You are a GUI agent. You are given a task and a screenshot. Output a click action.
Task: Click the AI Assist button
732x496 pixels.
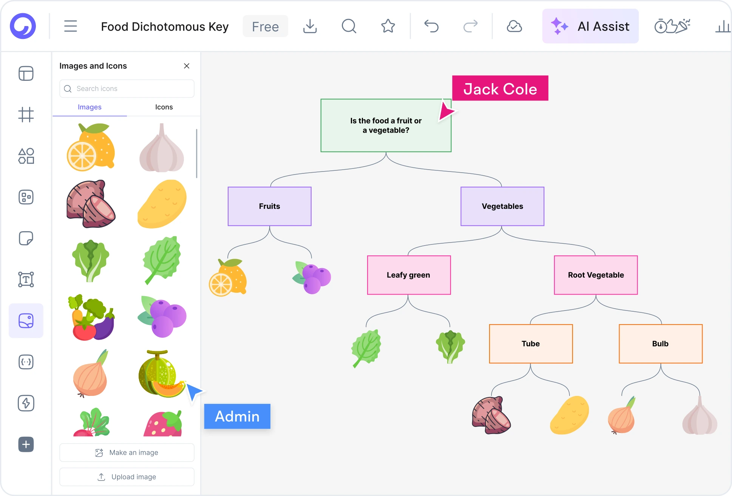(x=590, y=26)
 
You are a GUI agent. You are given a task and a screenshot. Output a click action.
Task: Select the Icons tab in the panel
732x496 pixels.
(x=164, y=107)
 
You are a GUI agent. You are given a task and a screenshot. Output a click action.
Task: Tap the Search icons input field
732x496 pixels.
(x=127, y=89)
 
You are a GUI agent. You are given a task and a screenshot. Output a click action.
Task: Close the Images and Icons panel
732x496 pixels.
(x=187, y=66)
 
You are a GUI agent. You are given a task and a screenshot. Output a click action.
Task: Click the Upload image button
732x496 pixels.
(x=127, y=477)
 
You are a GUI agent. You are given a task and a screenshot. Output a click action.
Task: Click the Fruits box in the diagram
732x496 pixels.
(x=269, y=206)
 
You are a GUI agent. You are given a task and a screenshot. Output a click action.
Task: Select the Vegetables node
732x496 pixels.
(x=502, y=206)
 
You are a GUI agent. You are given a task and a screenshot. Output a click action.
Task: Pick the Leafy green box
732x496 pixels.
(x=409, y=275)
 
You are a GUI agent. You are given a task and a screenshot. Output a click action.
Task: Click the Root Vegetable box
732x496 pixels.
(x=596, y=275)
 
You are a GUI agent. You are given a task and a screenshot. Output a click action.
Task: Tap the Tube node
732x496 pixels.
(x=531, y=344)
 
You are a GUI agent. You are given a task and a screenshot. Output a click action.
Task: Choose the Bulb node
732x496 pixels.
(x=660, y=344)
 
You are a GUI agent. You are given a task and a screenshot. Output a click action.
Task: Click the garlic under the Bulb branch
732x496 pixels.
(x=700, y=416)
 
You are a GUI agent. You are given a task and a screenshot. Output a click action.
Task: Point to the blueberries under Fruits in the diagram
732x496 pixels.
(x=312, y=277)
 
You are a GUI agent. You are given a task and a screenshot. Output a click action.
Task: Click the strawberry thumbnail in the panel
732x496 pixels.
(x=163, y=424)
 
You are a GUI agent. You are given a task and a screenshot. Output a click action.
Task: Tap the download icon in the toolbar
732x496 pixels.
(x=310, y=26)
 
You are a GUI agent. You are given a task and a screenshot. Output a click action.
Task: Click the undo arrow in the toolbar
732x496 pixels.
(x=431, y=26)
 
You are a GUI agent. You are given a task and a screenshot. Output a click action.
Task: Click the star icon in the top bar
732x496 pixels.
(x=388, y=26)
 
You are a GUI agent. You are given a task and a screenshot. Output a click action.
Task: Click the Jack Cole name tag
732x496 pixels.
(x=500, y=89)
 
